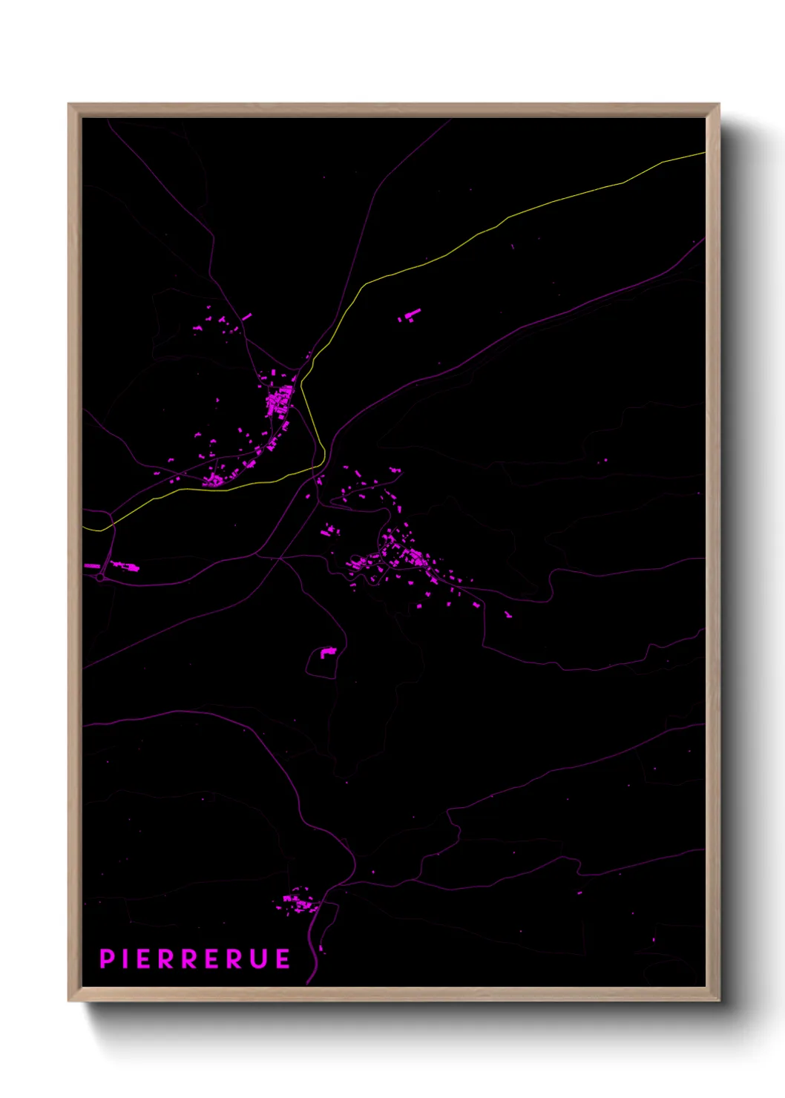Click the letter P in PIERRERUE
(107, 959)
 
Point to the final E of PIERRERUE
(283, 959)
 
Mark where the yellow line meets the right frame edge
(704, 154)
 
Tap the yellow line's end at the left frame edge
(84, 527)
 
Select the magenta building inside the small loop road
(327, 652)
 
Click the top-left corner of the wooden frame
(68, 104)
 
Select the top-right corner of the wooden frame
(719, 104)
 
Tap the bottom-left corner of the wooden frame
(68, 1001)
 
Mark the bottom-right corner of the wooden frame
(719, 1001)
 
